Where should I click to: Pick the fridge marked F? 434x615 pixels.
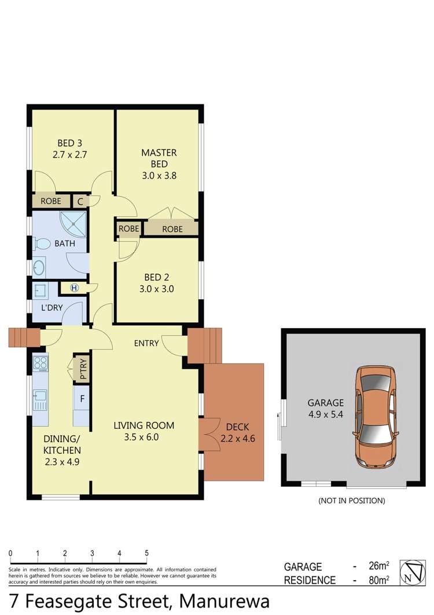click(82, 399)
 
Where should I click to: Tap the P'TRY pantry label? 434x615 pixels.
click(82, 369)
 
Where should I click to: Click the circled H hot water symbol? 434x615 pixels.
click(74, 288)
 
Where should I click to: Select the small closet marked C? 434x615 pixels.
click(80, 201)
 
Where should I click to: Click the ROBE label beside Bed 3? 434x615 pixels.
click(50, 201)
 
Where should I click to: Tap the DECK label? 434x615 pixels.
click(237, 428)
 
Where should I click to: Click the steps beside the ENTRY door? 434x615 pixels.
click(204, 347)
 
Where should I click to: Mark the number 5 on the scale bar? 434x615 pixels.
click(146, 553)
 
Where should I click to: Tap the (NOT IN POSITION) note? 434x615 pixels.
click(351, 500)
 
